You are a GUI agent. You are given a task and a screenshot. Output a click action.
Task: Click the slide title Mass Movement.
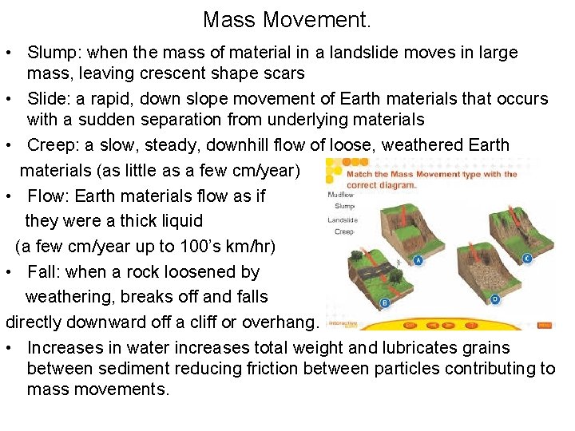287,18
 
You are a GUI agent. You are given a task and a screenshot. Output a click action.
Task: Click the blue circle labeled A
418,260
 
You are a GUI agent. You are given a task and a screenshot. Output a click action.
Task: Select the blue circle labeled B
384,303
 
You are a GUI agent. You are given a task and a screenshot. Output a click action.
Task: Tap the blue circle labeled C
527,259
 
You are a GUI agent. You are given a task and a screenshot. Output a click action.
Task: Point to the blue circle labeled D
494,299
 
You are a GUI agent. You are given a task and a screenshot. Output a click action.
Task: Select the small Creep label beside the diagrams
344,232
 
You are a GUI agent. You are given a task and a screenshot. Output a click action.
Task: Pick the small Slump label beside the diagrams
345,206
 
